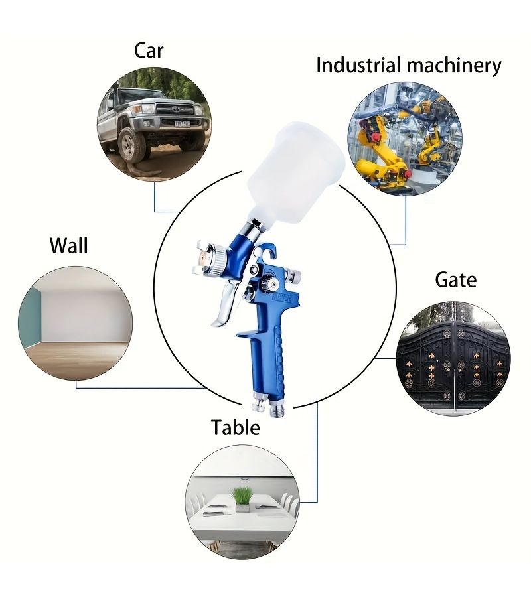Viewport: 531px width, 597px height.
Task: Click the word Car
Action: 149,51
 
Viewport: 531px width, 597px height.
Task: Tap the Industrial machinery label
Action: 409,66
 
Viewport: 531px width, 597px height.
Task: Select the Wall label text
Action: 69,245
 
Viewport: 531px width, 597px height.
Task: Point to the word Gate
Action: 455,280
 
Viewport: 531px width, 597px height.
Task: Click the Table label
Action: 236,427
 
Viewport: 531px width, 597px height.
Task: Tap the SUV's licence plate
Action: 182,123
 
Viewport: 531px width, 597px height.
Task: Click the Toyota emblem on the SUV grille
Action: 176,109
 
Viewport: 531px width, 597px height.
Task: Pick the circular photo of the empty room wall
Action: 76,323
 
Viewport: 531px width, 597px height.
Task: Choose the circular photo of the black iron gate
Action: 453,359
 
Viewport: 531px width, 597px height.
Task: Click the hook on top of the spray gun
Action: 269,249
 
